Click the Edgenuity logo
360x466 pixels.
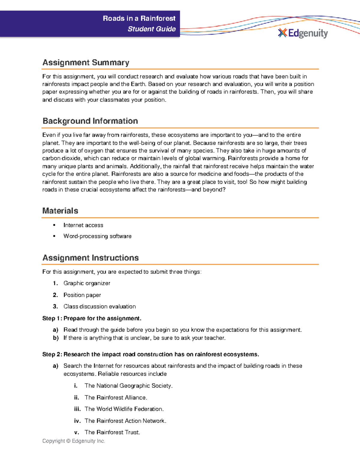(x=303, y=33)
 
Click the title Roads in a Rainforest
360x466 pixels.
(x=139, y=18)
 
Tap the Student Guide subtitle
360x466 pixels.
(x=151, y=29)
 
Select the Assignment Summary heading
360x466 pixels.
(x=86, y=62)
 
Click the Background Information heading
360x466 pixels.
(x=90, y=121)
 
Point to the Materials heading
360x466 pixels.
(x=60, y=211)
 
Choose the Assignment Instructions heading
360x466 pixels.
(x=90, y=258)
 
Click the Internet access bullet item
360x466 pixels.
(x=83, y=225)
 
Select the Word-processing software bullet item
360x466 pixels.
(x=97, y=236)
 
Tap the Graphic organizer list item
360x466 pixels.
(x=87, y=283)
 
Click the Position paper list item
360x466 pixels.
(x=82, y=295)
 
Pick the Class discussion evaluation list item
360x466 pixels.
(x=99, y=306)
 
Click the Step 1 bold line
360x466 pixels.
(x=91, y=318)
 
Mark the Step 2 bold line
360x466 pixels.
(x=150, y=354)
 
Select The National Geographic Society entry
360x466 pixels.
(x=128, y=386)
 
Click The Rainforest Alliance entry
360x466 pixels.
(x=116, y=398)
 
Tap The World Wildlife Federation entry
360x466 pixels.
(x=124, y=409)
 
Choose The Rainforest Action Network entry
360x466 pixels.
(x=125, y=421)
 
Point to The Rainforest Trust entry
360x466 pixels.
(x=112, y=432)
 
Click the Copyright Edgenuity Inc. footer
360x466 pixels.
(x=73, y=441)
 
